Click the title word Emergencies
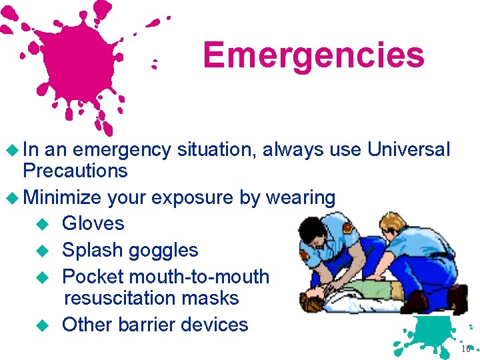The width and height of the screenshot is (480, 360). (x=314, y=56)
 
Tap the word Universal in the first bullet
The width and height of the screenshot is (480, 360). (x=409, y=149)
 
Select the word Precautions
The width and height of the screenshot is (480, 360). (x=75, y=170)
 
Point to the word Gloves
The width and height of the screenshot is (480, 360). (x=93, y=223)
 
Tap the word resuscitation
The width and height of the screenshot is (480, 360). (x=120, y=297)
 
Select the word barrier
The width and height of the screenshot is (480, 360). (x=147, y=324)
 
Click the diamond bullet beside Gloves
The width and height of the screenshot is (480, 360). (x=42, y=224)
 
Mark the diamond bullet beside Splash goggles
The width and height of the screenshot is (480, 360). (x=42, y=251)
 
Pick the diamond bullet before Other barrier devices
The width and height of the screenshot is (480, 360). (x=42, y=325)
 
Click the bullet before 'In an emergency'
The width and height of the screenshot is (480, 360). (x=12, y=150)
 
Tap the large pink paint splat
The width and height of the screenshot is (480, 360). (x=77, y=61)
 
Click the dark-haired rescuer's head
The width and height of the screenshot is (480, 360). (x=312, y=232)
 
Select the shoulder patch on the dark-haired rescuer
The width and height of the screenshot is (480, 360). (x=347, y=228)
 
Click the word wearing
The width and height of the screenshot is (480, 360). (x=301, y=198)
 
